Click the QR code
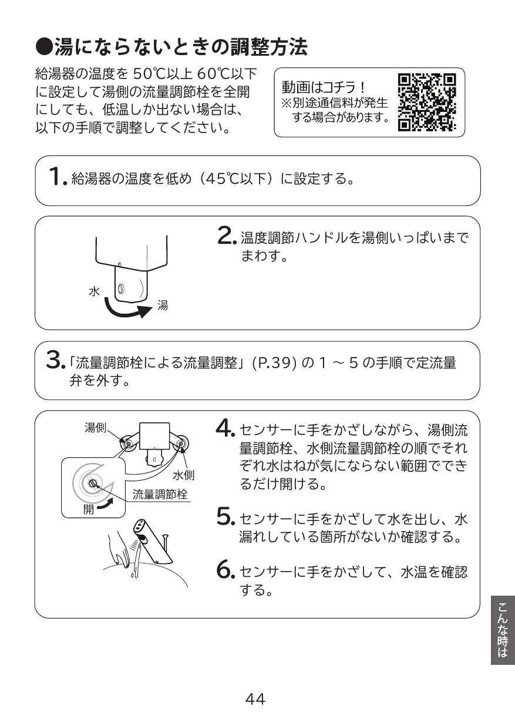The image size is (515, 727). coord(427,103)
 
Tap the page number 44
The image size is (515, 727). coord(255,699)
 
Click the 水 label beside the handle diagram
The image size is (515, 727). coord(94,290)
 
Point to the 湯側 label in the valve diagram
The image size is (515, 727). coord(96,428)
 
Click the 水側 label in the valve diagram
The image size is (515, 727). coord(183,474)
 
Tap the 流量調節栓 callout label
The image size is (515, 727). coord(160,494)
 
